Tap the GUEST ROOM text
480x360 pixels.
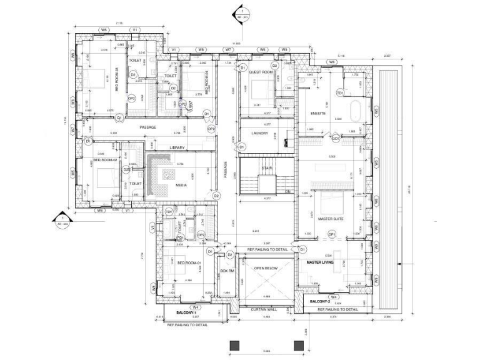point(258,72)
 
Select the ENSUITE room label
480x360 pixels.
point(318,113)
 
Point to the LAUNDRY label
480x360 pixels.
point(259,133)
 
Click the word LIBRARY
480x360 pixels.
point(178,147)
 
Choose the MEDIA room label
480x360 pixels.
point(181,185)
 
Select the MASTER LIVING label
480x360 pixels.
point(320,262)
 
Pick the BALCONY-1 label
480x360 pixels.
point(186,312)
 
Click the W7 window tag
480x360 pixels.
point(228,49)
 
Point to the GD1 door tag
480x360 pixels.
point(336,138)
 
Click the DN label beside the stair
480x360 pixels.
point(288,192)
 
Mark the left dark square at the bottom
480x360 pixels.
point(235,346)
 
